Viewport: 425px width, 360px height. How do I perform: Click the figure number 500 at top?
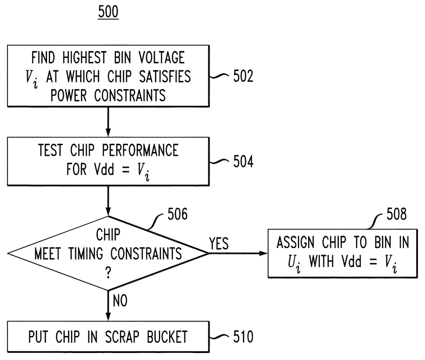coord(108,12)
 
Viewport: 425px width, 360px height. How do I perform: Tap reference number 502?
coord(243,76)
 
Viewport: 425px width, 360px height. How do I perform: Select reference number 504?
coord(243,162)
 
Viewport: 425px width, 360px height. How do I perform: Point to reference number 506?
coord(178,214)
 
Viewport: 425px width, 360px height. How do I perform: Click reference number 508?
coord(397,214)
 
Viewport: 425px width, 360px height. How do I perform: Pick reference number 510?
coord(243,337)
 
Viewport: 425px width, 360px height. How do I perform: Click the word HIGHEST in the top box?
coord(85,58)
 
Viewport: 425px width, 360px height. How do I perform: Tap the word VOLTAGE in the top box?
coord(162,58)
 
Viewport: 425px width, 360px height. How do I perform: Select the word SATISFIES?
coord(165,77)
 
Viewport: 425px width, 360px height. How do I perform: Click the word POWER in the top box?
coord(69,95)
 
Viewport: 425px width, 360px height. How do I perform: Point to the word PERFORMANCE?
coord(140,150)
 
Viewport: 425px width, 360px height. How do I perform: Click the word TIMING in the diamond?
coord(85,254)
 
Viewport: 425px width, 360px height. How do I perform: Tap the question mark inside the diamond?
coord(108,272)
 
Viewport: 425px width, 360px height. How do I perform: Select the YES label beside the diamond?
coord(219,243)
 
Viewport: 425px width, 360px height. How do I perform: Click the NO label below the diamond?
coord(120,301)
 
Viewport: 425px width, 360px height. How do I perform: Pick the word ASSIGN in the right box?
coord(295,242)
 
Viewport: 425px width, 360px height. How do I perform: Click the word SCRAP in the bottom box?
coord(122,337)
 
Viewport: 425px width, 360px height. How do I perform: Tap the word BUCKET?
coord(167,337)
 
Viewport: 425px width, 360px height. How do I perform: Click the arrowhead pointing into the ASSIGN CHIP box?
coord(263,253)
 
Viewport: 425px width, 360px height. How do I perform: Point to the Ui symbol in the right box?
coord(294,263)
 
